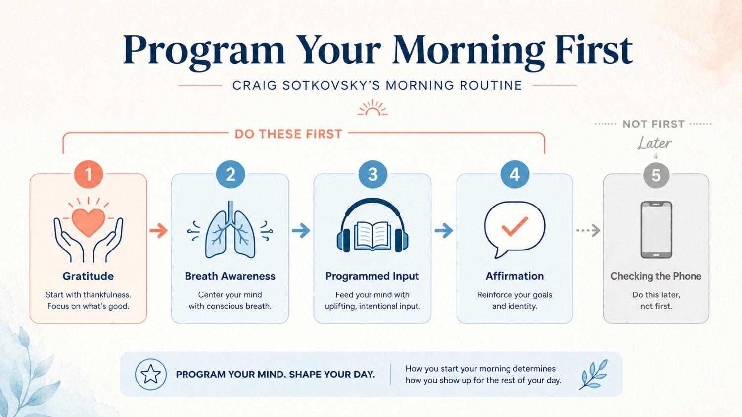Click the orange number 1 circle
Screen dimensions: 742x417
[89, 174]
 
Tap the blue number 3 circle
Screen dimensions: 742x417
[372, 174]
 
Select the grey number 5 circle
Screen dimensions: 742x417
[656, 175]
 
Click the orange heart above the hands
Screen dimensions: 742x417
[89, 222]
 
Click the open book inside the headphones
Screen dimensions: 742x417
[372, 236]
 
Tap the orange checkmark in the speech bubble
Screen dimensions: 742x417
[514, 226]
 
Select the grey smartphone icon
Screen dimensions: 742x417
[656, 230]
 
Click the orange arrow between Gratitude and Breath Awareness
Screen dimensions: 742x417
[159, 230]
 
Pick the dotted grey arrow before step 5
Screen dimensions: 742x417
[588, 230]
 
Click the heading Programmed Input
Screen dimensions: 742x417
[372, 276]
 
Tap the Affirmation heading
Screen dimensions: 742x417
[514, 276]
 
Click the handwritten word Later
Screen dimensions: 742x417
[654, 143]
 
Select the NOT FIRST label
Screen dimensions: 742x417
[653, 124]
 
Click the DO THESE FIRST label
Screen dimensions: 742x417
[288, 134]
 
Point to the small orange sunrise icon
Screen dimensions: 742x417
[372, 108]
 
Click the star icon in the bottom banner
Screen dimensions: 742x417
[151, 375]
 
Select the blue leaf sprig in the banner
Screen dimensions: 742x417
[594, 375]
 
